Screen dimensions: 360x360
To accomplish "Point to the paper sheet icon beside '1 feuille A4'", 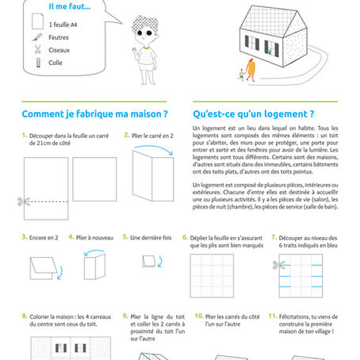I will (36, 24).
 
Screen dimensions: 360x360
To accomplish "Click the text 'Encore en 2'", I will (45, 237).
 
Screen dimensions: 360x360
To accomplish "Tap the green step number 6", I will (186, 237).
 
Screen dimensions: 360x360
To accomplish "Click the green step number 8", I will (25, 316).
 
